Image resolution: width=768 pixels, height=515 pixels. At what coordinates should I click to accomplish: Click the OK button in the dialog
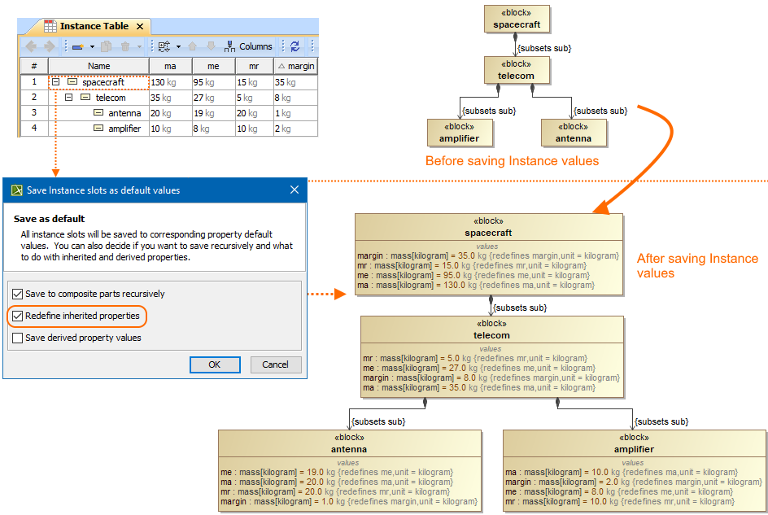click(x=215, y=364)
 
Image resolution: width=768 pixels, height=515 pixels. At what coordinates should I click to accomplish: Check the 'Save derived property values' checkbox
click(x=18, y=338)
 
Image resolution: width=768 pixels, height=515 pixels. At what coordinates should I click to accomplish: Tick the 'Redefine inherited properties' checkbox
click(x=18, y=316)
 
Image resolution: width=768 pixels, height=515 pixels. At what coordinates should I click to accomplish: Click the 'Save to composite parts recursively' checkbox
click(x=18, y=294)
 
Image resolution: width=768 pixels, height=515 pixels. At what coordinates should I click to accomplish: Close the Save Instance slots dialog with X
click(x=295, y=190)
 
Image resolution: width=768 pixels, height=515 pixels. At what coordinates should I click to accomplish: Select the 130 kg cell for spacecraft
click(x=171, y=82)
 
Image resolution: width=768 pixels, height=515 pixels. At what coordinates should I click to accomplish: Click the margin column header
click(x=296, y=66)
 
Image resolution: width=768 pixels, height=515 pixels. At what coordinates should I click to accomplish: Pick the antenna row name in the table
click(x=124, y=113)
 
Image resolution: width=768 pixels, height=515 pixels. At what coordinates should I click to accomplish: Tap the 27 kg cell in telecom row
click(x=213, y=98)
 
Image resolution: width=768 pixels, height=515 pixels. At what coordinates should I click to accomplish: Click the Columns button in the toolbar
click(x=248, y=46)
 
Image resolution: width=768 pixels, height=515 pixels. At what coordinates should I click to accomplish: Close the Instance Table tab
click(x=140, y=27)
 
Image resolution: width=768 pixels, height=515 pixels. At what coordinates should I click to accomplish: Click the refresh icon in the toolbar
click(x=295, y=46)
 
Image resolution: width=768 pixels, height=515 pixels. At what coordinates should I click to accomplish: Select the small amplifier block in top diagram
click(x=460, y=133)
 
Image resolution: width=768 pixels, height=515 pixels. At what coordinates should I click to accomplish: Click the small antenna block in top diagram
click(x=574, y=133)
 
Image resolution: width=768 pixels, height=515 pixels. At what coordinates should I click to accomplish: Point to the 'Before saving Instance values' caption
click(x=512, y=161)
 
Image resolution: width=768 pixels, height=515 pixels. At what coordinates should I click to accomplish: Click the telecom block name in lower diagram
click(x=491, y=336)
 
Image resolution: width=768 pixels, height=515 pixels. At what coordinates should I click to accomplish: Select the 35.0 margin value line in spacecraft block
click(x=488, y=255)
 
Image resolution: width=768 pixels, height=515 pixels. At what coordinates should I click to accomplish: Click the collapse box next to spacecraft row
click(x=56, y=82)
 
